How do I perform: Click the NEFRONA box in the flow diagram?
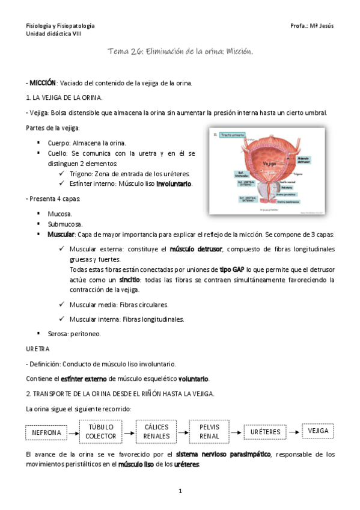click(x=46, y=432)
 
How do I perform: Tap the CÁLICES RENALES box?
click(x=156, y=431)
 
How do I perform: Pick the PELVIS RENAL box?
click(x=210, y=431)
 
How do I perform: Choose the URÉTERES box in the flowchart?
click(x=266, y=432)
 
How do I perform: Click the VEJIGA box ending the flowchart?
click(x=317, y=431)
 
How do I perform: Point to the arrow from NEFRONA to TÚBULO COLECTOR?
click(x=72, y=432)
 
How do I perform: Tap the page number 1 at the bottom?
click(x=180, y=491)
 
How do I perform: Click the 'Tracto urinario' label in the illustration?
click(x=231, y=134)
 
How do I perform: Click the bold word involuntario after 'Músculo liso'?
click(x=174, y=184)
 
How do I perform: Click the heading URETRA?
click(x=37, y=348)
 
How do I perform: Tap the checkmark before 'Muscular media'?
click(x=63, y=304)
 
